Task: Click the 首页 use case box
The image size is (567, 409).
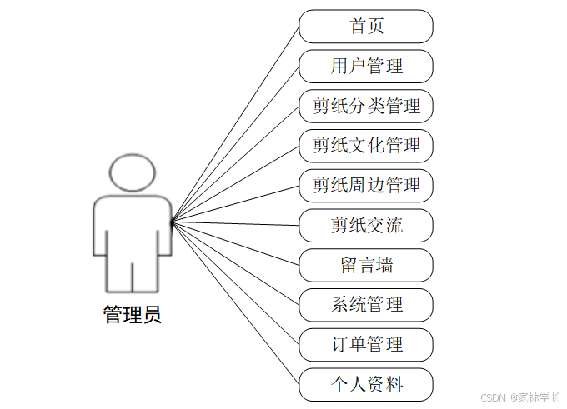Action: pos(366,26)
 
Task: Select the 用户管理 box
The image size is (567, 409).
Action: pos(366,66)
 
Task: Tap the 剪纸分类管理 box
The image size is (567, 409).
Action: pos(366,106)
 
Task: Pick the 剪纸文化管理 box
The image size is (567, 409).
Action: pos(366,146)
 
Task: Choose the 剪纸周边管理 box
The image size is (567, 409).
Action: pos(366,185)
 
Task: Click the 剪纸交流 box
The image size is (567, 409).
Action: pos(366,225)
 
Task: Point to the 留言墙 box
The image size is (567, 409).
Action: pos(366,265)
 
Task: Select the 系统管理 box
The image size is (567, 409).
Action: pos(366,304)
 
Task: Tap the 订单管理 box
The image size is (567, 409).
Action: pos(366,344)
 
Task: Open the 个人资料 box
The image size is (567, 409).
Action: pos(366,384)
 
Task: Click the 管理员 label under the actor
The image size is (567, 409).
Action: pos(132,315)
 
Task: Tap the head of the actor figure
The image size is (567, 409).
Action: pos(132,172)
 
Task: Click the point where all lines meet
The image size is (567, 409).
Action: pos(172,222)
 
